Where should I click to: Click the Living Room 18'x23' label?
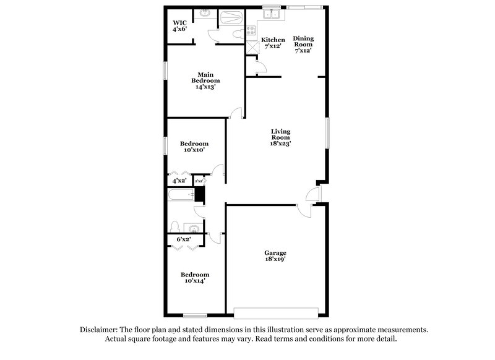[x=280, y=137]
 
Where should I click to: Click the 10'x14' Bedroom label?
[x=194, y=277]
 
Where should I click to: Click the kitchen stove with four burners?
[x=252, y=32]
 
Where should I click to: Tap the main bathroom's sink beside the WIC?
[x=204, y=12]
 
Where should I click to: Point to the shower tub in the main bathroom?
[x=231, y=17]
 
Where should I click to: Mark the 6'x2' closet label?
[x=184, y=239]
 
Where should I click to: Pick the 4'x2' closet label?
[x=179, y=181]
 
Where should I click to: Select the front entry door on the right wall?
[x=318, y=194]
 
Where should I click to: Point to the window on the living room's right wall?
[x=327, y=134]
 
